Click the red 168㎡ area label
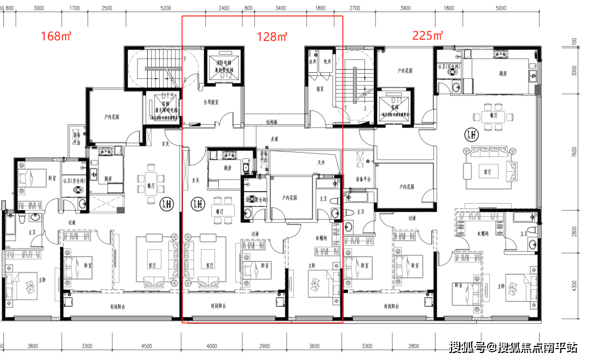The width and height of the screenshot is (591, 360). pyautogui.click(x=56, y=37)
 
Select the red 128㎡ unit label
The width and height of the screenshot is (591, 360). pyautogui.click(x=272, y=37)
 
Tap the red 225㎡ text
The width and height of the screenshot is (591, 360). pyautogui.click(x=427, y=36)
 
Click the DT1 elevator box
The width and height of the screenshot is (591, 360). pyautogui.click(x=395, y=107)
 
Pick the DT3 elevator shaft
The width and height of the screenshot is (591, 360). pyautogui.click(x=161, y=107)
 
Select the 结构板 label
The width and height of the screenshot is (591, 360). pyautogui.click(x=273, y=122)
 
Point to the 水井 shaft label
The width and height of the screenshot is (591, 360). pyautogui.click(x=312, y=62)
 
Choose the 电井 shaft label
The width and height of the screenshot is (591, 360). pyautogui.click(x=327, y=62)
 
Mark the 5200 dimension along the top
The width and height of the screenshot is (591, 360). pyautogui.click(x=166, y=9)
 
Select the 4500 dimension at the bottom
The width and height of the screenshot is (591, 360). pyautogui.click(x=146, y=346)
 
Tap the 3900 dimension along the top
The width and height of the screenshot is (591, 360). pyautogui.click(x=405, y=9)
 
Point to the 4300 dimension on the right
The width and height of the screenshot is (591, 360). pyautogui.click(x=573, y=286)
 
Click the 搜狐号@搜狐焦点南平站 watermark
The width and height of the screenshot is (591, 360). pyautogui.click(x=513, y=347)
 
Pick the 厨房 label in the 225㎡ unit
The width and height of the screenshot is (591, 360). pyautogui.click(x=490, y=73)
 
